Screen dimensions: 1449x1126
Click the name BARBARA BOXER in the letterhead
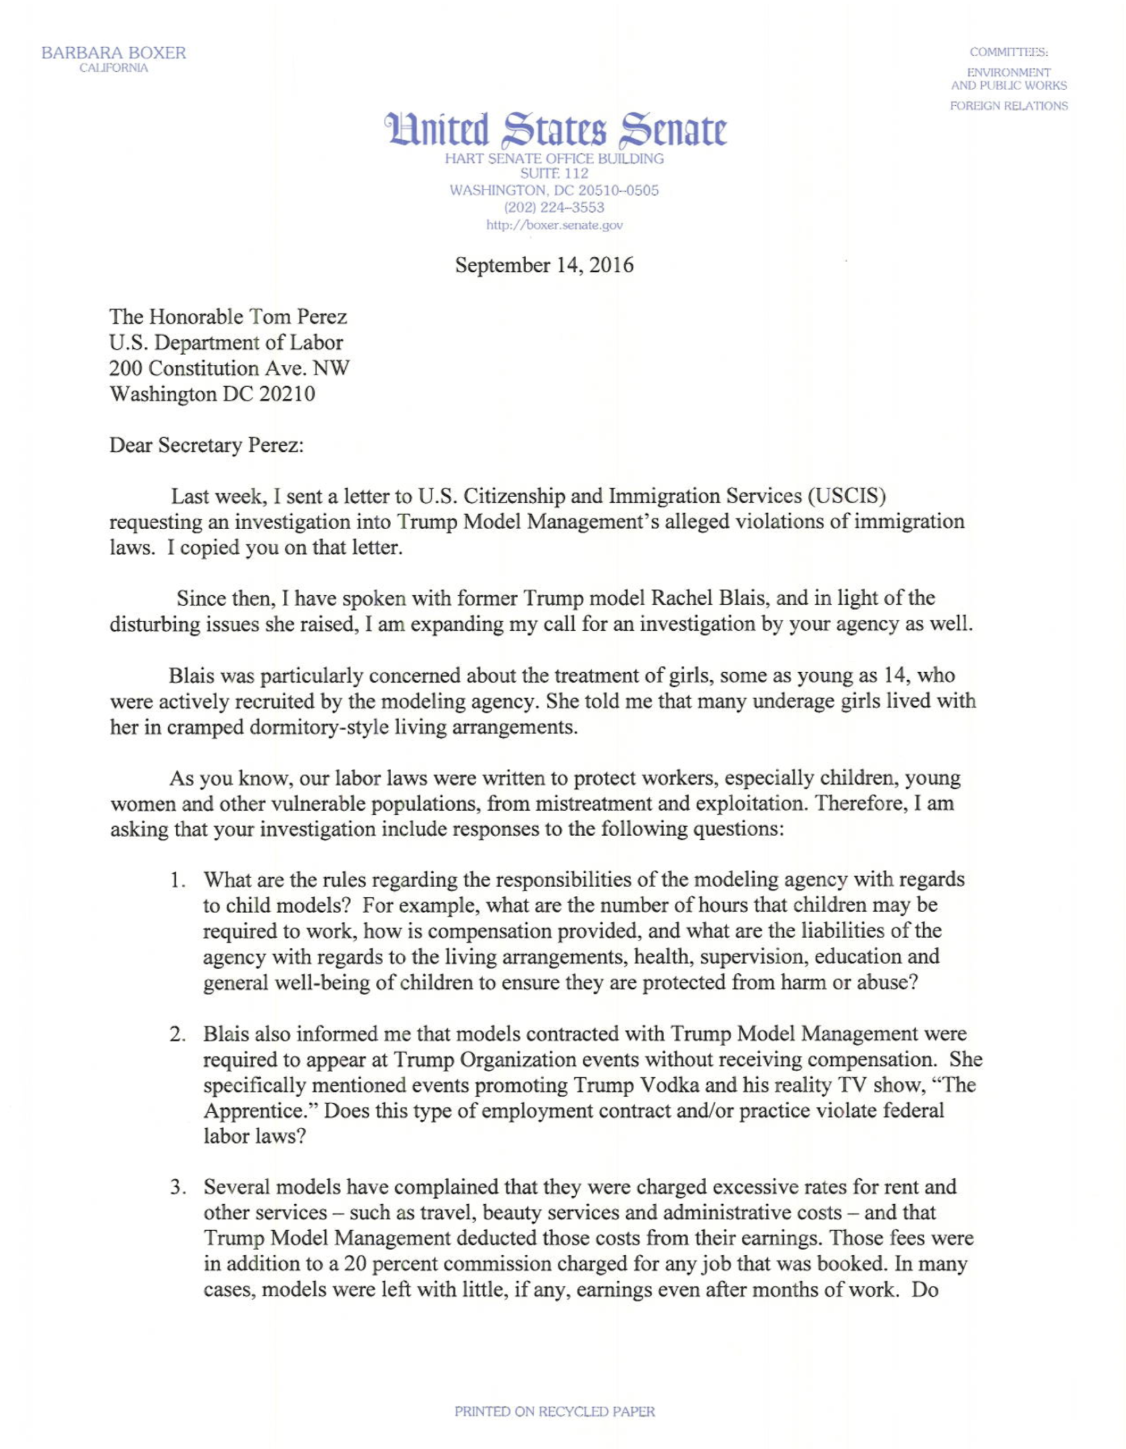(114, 53)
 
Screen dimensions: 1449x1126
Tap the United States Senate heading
(554, 130)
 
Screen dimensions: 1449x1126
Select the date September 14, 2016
(544, 265)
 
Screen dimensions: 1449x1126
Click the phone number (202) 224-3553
(554, 207)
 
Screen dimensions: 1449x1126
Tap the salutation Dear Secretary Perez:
(206, 445)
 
